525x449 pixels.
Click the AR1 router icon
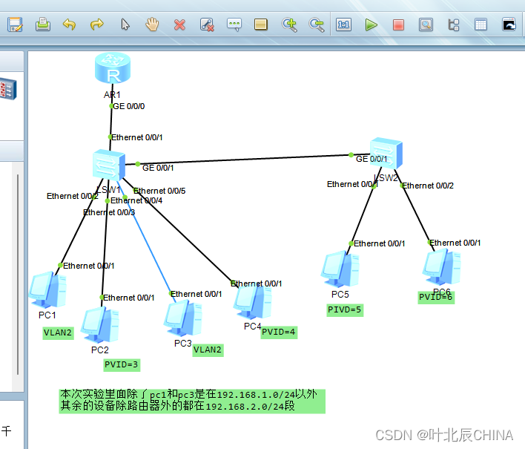pyautogui.click(x=113, y=71)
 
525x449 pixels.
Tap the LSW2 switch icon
pyautogui.click(x=385, y=153)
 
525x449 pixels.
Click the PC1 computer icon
pyautogui.click(x=48, y=289)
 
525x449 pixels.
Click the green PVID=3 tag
pyautogui.click(x=122, y=364)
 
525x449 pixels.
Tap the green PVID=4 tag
pyautogui.click(x=279, y=332)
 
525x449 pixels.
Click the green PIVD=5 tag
pyautogui.click(x=345, y=309)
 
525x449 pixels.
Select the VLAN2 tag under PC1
pyautogui.click(x=58, y=332)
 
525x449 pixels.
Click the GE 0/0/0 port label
pyautogui.click(x=129, y=106)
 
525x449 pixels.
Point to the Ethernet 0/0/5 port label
pyautogui.click(x=159, y=191)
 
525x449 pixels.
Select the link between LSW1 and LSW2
pyautogui.click(x=245, y=159)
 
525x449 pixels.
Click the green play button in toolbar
pyautogui.click(x=371, y=24)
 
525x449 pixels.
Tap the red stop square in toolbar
pyautogui.click(x=398, y=24)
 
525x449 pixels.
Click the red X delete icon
pyautogui.click(x=179, y=24)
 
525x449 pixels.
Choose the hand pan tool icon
pyautogui.click(x=152, y=24)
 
